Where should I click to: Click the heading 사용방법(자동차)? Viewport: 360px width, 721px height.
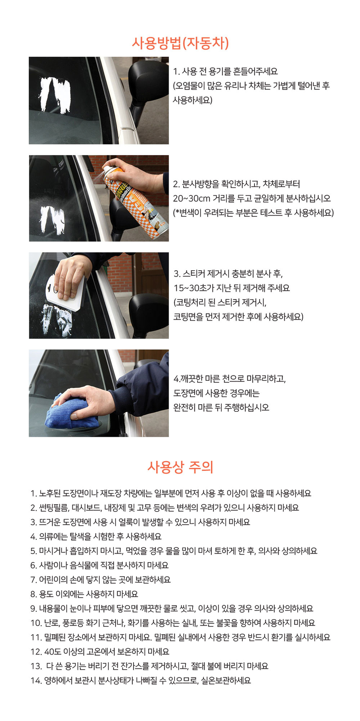point(180,43)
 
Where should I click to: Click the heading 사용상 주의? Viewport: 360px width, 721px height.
point(180,467)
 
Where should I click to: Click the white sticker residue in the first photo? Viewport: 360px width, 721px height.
point(54,94)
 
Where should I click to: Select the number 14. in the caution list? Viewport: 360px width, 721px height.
point(36,681)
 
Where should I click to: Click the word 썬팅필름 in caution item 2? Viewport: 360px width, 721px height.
point(54,508)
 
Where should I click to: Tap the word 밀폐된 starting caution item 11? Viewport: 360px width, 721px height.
point(55,637)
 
